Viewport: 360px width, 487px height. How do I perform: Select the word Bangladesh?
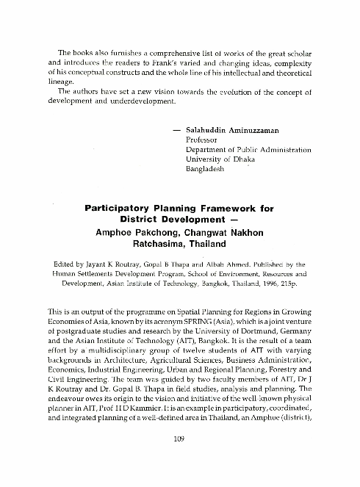tap(209, 168)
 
